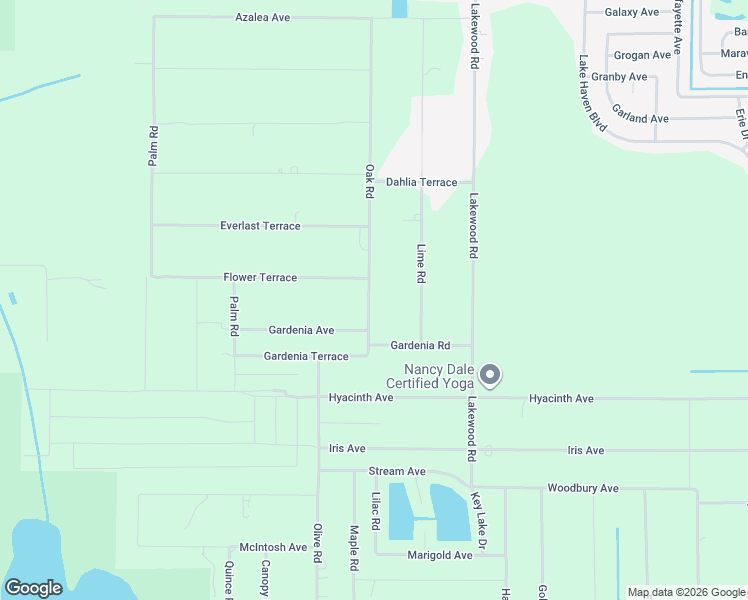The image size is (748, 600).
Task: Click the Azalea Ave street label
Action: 262,18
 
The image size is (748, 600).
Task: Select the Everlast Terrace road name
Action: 260,226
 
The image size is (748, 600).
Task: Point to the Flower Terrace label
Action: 260,277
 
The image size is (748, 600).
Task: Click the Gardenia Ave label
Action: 301,330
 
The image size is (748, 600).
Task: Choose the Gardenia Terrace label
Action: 306,356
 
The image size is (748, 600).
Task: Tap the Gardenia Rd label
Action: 420,345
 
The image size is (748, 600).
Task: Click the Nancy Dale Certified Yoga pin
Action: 490,375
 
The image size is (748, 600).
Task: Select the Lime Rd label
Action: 422,263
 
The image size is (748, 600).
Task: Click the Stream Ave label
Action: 397,471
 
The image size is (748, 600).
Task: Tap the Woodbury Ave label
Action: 583,488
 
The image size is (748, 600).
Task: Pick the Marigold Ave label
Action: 439,555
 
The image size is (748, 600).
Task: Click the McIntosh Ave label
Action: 273,547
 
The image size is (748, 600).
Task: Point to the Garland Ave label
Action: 640,118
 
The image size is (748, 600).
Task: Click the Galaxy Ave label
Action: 632,12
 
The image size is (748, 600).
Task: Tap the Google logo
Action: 33,588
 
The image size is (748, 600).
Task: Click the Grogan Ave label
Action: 642,55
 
